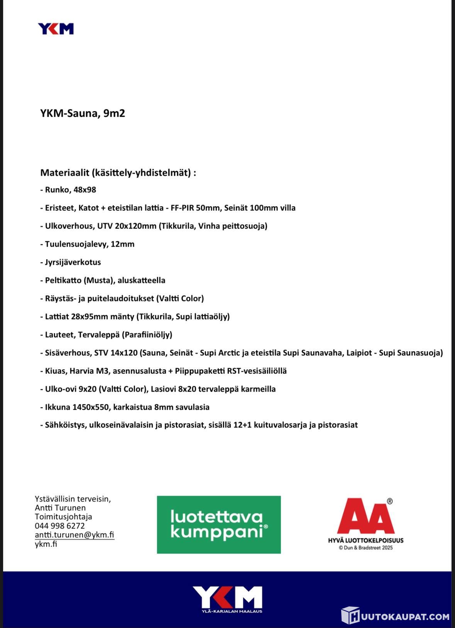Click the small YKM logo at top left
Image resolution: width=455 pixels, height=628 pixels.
pos(56,29)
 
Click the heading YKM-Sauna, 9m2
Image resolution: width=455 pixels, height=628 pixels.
pos(83,113)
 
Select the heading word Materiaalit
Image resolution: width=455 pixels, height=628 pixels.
pos(64,172)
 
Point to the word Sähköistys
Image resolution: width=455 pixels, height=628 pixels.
pos(64,425)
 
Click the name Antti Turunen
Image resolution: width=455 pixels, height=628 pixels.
pos(60,508)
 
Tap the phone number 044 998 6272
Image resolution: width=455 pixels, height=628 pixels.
pos(60,526)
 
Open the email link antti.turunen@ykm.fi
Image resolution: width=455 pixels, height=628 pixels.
pos(74,535)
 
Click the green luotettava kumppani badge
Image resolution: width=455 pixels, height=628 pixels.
pos(219,525)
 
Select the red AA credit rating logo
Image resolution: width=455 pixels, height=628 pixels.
pos(365,516)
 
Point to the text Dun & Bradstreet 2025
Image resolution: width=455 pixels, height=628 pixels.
pos(366,548)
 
